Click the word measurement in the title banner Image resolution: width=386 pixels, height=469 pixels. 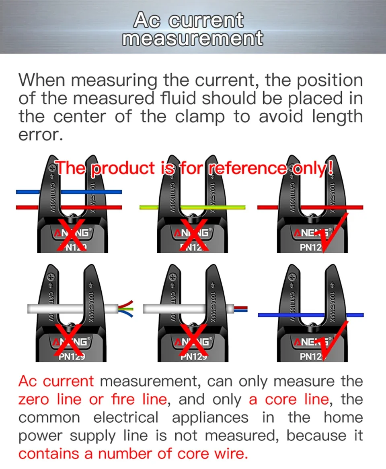pos(193,38)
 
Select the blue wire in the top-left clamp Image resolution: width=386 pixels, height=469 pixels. pos(69,192)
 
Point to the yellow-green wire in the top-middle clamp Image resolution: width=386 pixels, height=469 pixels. pos(192,207)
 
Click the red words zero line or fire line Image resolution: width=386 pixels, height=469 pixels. pos(92,399)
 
